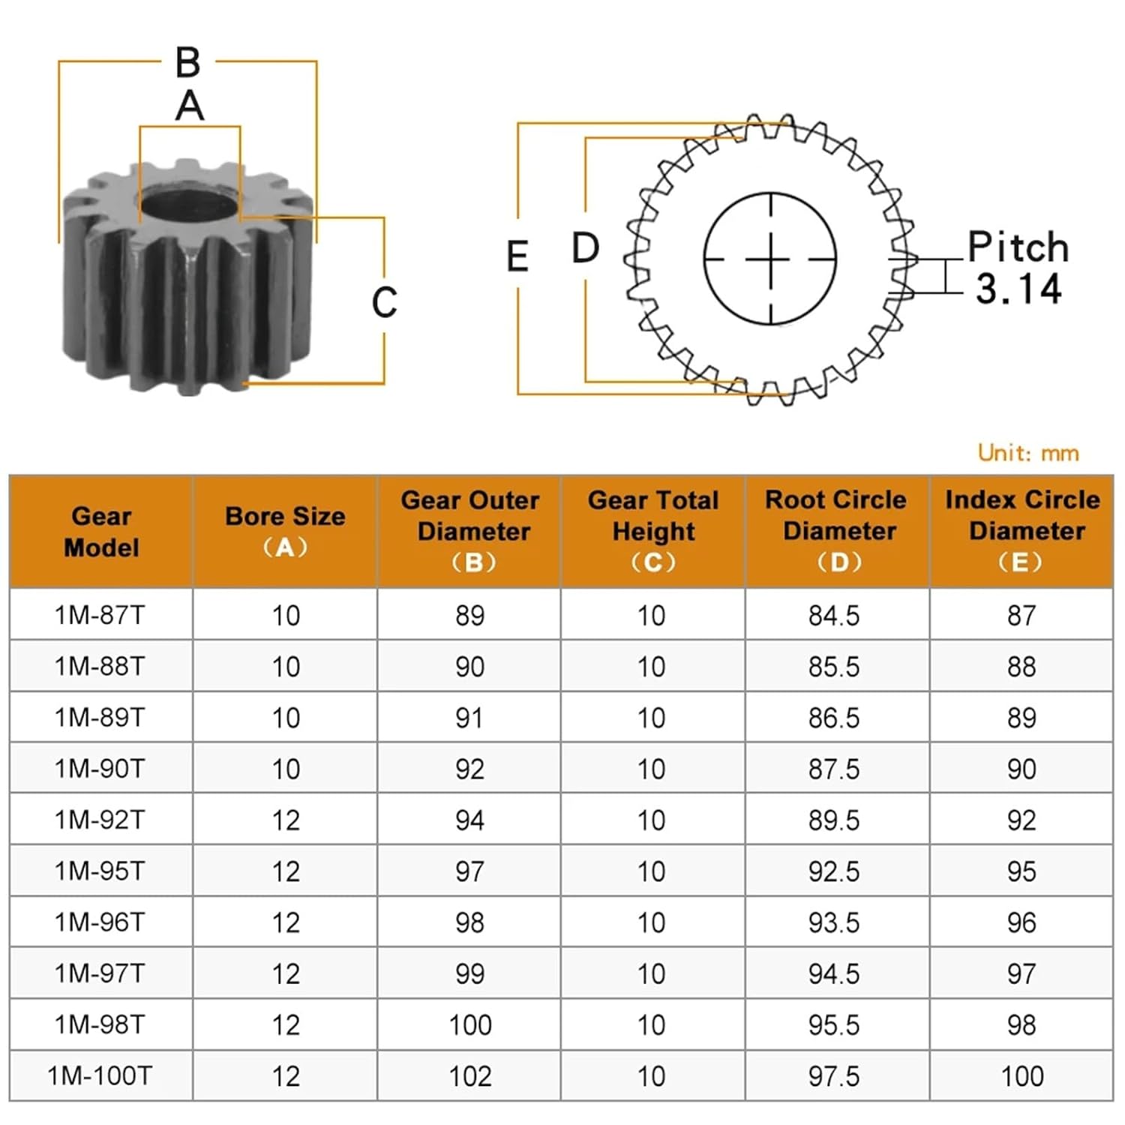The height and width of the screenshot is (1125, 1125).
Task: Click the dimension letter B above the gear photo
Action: click(x=188, y=62)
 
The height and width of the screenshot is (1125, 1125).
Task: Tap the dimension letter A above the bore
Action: click(x=190, y=106)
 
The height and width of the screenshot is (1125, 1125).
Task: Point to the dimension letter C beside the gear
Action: click(x=385, y=302)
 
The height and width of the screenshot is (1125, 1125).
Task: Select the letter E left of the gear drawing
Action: click(x=517, y=256)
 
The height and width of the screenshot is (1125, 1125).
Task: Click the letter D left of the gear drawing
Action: click(x=585, y=247)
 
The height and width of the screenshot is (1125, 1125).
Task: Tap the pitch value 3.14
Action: click(x=1018, y=289)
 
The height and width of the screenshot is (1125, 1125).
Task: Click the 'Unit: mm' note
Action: click(x=1028, y=453)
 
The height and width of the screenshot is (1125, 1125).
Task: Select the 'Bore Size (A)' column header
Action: click(x=285, y=531)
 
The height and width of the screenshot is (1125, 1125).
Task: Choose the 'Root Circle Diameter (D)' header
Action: click(x=837, y=531)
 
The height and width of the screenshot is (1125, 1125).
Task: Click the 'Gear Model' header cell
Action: click(x=101, y=531)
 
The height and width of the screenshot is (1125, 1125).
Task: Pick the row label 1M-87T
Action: click(x=100, y=615)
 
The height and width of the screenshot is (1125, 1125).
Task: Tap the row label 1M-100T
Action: click(x=100, y=1075)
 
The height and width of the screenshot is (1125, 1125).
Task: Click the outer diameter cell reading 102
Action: click(x=470, y=1076)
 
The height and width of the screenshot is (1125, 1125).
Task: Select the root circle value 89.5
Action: click(x=834, y=820)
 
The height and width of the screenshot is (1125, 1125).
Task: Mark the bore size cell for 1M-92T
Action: click(x=286, y=820)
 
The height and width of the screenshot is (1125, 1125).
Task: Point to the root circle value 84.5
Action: click(x=834, y=615)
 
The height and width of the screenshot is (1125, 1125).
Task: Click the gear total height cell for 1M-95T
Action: click(x=652, y=871)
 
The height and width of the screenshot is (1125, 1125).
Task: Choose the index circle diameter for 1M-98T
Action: click(x=1021, y=1024)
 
